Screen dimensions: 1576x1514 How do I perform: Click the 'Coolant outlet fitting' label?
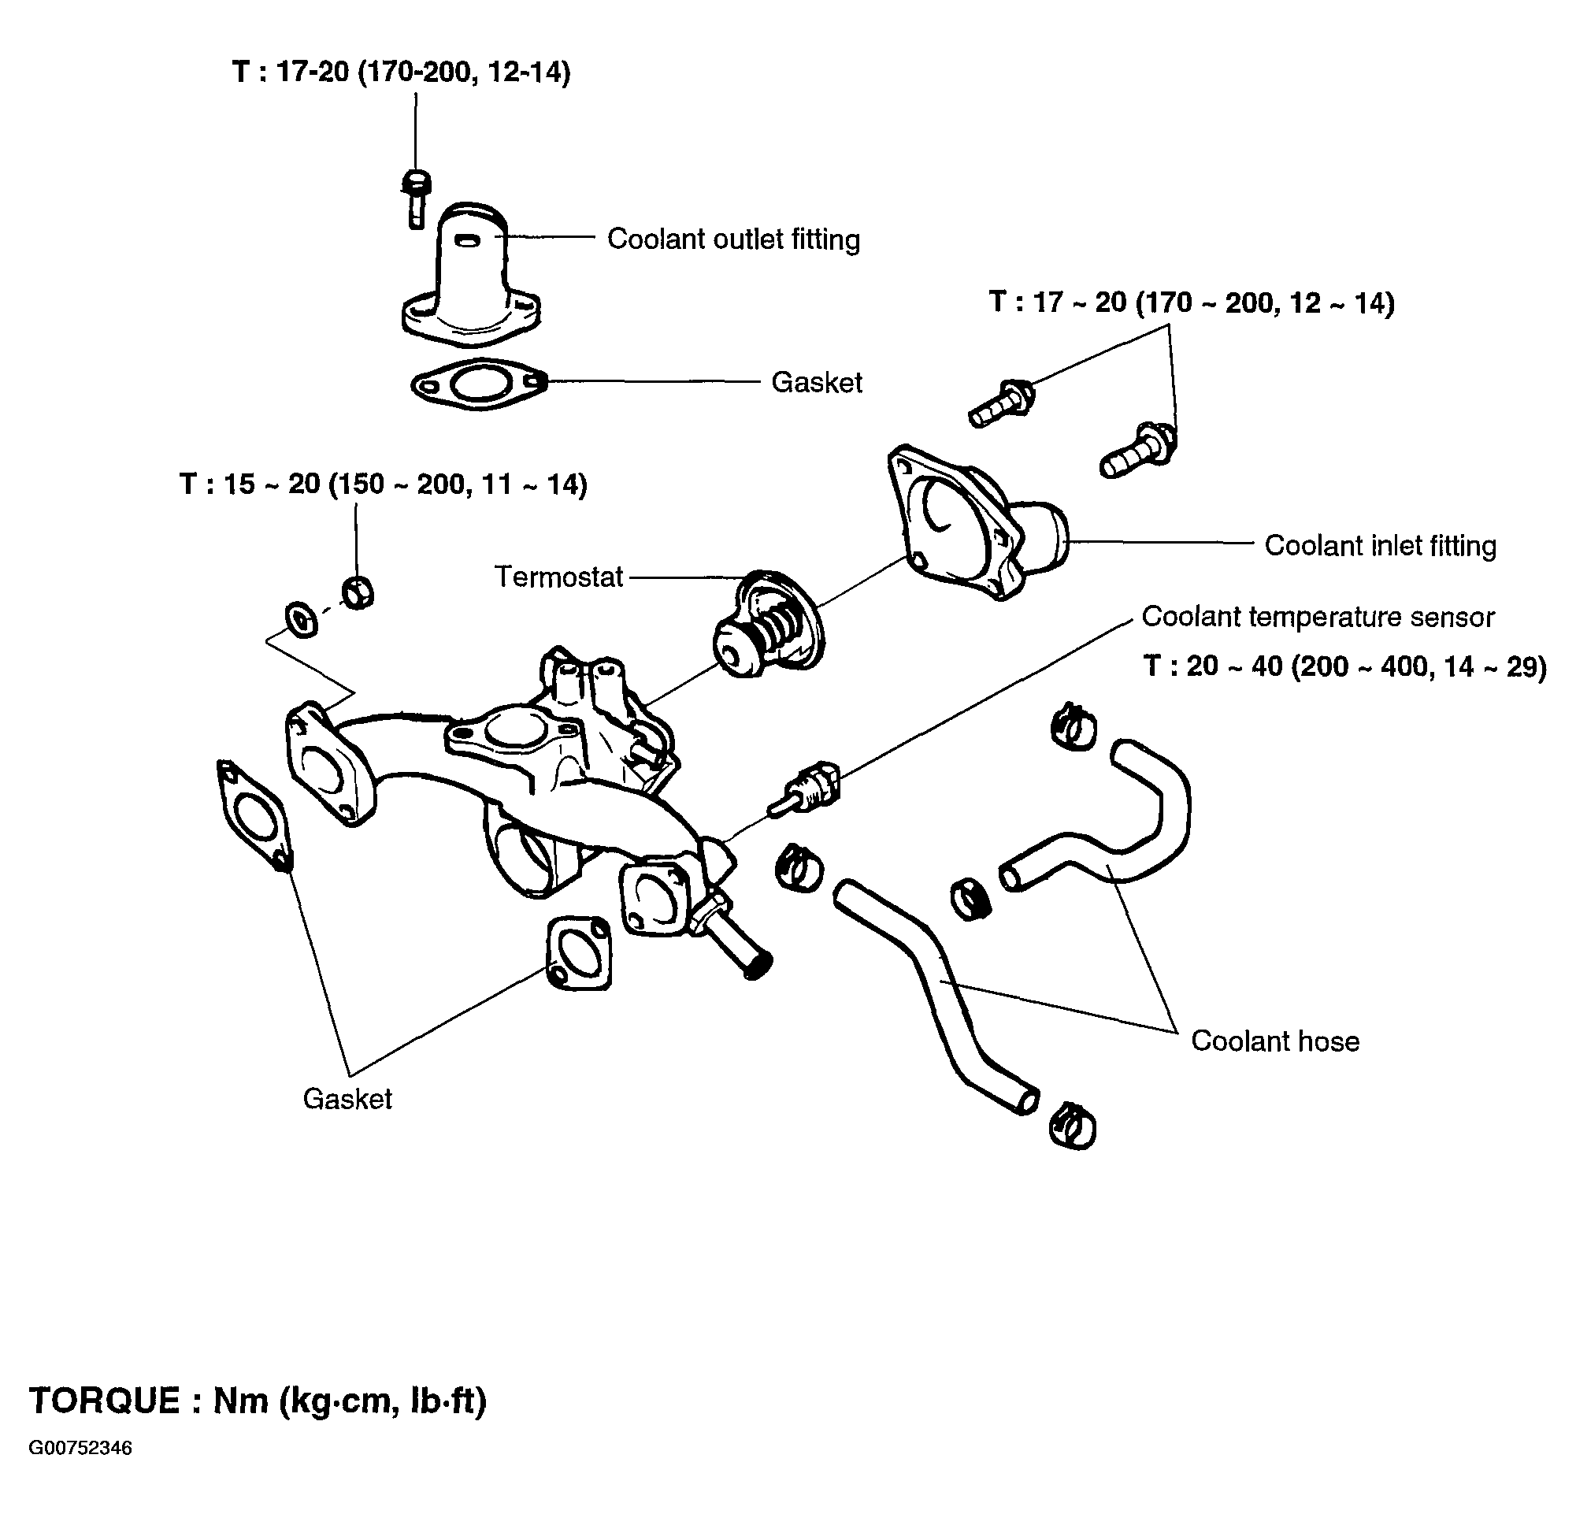click(733, 239)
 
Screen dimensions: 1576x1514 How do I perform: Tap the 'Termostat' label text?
click(559, 577)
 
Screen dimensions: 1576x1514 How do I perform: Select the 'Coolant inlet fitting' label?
click(1380, 545)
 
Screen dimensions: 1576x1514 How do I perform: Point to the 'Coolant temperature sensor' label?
click(1317, 617)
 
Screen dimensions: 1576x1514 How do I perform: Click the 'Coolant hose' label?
click(1275, 1041)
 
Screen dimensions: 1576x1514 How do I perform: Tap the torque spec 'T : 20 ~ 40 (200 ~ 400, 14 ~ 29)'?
click(1344, 666)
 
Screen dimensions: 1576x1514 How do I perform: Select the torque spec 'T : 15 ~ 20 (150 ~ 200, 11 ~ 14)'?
click(384, 484)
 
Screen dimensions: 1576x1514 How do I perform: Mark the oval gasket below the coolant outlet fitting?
click(479, 384)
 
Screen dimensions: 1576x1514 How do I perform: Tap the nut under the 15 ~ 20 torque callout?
click(358, 592)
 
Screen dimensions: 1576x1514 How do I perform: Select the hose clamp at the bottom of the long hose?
click(1073, 1125)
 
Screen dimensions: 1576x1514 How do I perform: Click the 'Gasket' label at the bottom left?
click(347, 1098)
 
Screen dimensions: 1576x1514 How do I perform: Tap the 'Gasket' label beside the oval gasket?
click(816, 382)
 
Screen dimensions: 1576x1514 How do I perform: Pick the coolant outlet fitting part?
click(470, 277)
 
